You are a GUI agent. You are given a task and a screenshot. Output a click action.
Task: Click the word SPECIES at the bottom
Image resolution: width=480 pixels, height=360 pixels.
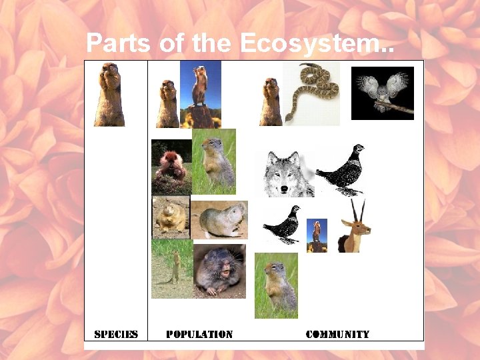(116, 334)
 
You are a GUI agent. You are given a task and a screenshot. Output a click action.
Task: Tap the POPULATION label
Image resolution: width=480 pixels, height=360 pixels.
(199, 334)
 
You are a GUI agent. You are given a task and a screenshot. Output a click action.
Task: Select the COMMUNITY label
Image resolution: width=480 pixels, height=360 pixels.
(337, 334)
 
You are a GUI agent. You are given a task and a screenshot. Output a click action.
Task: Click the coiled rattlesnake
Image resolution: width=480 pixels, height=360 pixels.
(311, 92)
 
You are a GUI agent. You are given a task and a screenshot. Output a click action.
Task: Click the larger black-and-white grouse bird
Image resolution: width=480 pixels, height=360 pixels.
(342, 170)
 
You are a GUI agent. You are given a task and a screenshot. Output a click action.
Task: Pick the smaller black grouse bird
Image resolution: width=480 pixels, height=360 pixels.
(282, 224)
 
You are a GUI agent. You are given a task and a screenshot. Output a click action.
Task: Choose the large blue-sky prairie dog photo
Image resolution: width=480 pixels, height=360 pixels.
(200, 93)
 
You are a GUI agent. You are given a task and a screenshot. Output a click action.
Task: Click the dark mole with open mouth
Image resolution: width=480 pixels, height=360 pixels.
(219, 270)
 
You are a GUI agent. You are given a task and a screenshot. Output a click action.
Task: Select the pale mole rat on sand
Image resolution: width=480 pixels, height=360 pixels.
(219, 219)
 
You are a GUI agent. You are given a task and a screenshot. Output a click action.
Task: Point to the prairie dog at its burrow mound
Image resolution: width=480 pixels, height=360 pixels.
(171, 167)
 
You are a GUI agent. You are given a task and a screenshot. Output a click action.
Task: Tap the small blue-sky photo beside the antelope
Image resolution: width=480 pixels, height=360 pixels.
(317, 235)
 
